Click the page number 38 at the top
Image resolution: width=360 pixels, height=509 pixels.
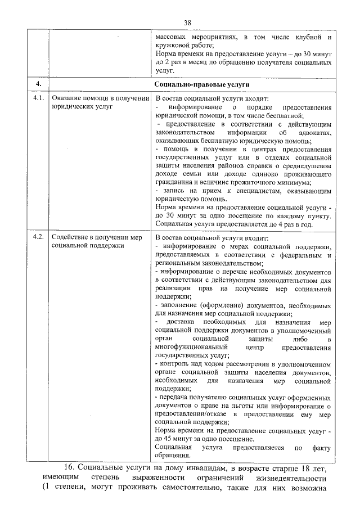[188, 22]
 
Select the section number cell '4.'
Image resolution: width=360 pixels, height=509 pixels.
[38, 84]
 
